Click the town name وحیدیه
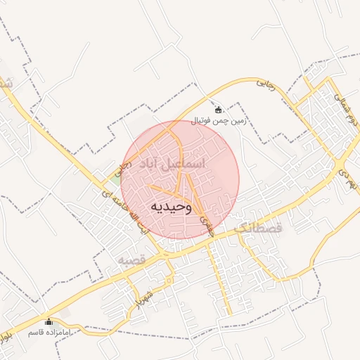[x=170, y=207]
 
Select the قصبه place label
[x=131, y=260]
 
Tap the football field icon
[x=219, y=109]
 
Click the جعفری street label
[x=206, y=224]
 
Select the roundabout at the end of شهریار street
[x=169, y=280]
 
